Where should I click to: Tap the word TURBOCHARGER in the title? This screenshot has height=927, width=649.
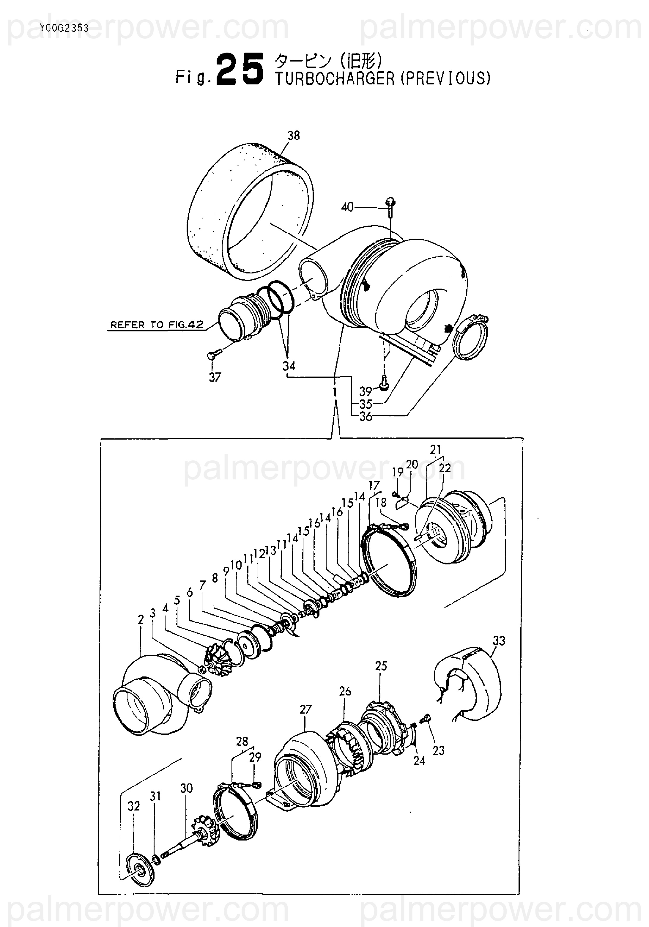[x=335, y=78]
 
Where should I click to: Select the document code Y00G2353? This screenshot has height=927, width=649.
[x=64, y=28]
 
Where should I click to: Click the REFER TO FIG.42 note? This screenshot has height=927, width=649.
[x=157, y=325]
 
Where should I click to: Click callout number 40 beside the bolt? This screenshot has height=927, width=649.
[x=347, y=207]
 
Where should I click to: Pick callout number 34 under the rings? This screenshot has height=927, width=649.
[x=289, y=366]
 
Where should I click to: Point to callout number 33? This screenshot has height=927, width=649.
[x=499, y=641]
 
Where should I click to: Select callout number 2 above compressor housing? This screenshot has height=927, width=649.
[x=141, y=619]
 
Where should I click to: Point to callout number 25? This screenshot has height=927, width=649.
[x=381, y=666]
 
